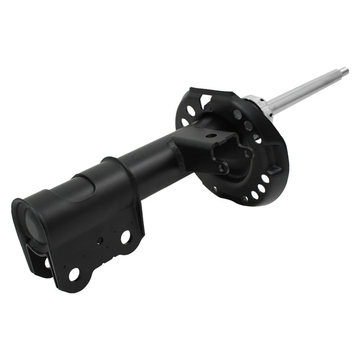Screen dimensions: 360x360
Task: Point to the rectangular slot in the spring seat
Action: [272, 170]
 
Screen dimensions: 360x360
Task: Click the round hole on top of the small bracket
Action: [212, 136]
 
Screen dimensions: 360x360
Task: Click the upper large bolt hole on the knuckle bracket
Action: [125, 236]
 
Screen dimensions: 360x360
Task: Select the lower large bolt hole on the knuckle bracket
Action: [74, 273]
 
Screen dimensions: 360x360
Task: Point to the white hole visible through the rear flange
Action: [47, 262]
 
